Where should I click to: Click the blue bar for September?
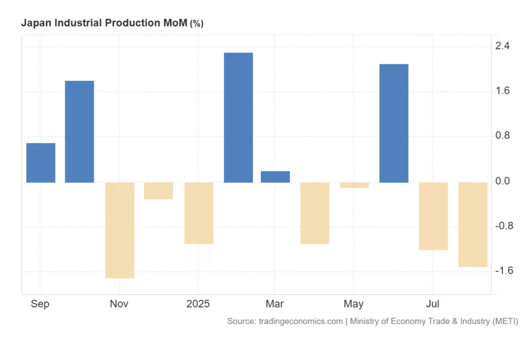41,163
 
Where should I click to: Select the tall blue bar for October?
79,132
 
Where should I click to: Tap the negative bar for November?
120,230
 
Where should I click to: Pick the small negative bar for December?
159,191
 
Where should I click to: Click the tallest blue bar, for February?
238,117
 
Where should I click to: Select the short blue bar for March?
275,177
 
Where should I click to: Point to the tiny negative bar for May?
355,185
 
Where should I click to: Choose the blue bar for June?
394,123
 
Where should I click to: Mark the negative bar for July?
433,216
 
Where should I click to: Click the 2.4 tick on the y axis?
502,46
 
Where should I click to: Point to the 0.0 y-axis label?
502,182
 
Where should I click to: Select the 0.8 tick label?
502,136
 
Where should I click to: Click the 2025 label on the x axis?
198,304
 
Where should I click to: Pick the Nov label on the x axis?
119,304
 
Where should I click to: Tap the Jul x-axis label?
433,304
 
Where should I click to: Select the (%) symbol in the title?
197,24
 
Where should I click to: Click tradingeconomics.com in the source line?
299,321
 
